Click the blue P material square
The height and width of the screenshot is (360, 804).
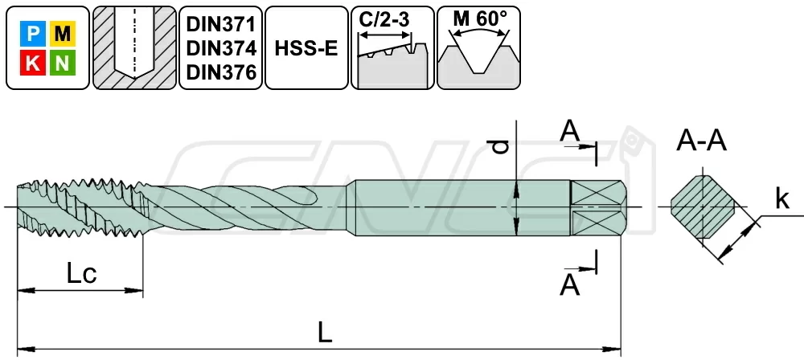pyautogui.click(x=33, y=34)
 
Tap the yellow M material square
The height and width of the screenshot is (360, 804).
pyautogui.click(x=63, y=34)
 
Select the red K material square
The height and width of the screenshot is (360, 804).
pyautogui.click(x=33, y=63)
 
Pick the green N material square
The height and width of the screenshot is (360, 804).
pyautogui.click(x=63, y=63)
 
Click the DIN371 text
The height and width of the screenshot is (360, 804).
pyautogui.click(x=221, y=23)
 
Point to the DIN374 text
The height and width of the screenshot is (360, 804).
pyautogui.click(x=221, y=48)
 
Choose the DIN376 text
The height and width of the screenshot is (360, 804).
pyautogui.click(x=221, y=73)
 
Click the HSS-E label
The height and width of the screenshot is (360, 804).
pyautogui.click(x=306, y=48)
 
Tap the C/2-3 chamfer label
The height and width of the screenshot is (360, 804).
pyautogui.click(x=384, y=21)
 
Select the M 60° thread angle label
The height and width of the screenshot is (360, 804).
pyautogui.click(x=478, y=19)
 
